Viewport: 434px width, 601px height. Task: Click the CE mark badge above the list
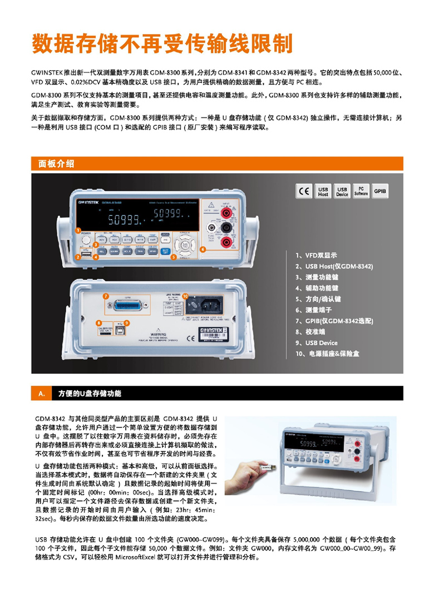304,191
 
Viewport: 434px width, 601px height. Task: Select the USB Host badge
323,191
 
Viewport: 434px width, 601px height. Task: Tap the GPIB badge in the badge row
380,191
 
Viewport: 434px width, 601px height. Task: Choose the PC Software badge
361,191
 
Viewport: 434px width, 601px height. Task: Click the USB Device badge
342,191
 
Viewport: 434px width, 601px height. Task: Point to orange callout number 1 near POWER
78,230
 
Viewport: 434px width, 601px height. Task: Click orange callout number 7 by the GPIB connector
106,297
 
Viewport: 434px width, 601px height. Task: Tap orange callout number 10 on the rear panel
185,296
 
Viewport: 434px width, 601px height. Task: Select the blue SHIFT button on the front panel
165,251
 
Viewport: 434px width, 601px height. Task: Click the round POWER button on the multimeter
86,240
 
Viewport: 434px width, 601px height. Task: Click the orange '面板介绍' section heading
56,163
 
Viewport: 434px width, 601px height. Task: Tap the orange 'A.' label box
41,394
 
